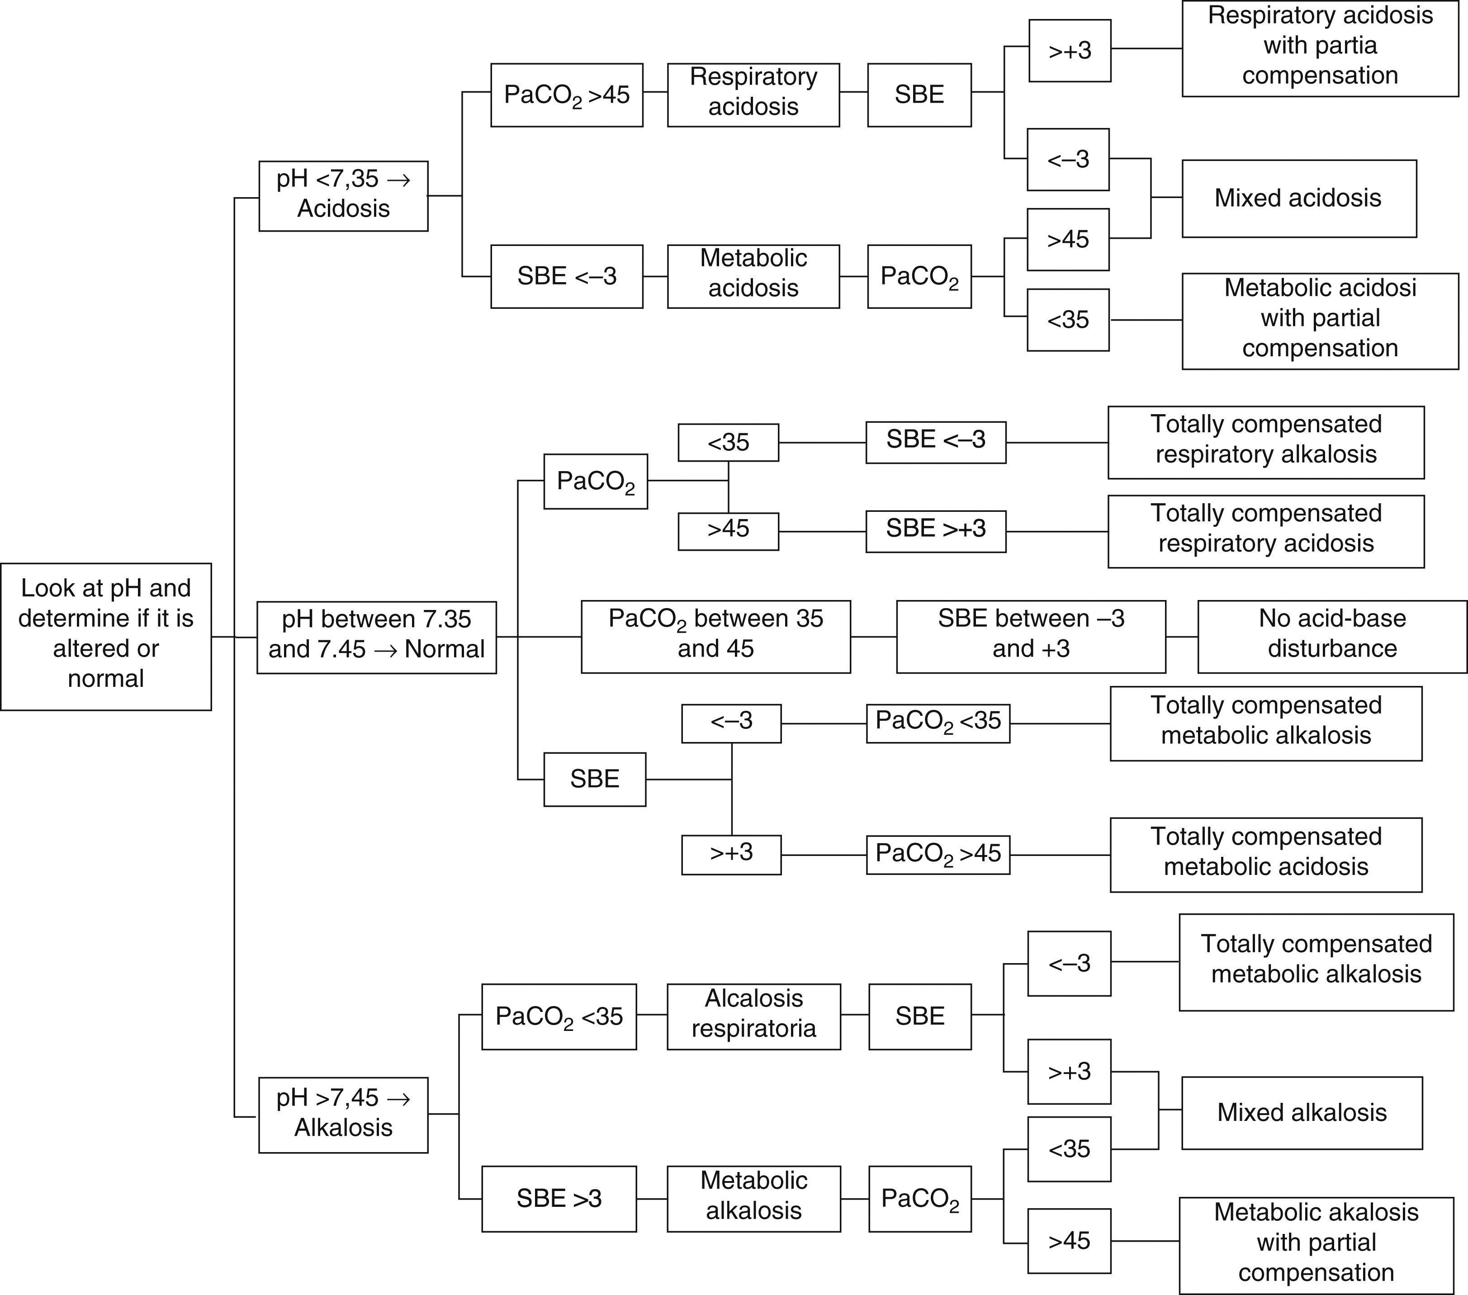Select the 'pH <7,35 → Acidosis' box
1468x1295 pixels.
[x=343, y=195]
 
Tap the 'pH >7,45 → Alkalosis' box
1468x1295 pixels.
[x=343, y=1115]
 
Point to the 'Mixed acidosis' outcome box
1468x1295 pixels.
[x=1298, y=198]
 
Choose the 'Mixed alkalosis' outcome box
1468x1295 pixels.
[x=1302, y=1113]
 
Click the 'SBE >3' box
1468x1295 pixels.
[x=559, y=1198]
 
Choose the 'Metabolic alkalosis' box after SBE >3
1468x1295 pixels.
[x=753, y=1198]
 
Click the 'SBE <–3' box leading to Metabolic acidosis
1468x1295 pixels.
[x=567, y=277]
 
